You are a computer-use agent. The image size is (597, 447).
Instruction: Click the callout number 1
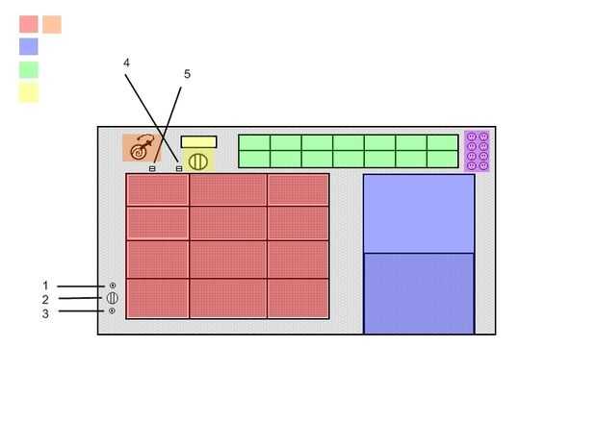pos(45,286)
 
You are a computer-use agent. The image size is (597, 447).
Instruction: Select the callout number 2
pos(45,299)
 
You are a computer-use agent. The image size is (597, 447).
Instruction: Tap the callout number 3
pos(45,312)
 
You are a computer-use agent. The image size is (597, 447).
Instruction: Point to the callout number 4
pos(126,62)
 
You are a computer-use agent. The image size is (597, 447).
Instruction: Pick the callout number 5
pos(187,74)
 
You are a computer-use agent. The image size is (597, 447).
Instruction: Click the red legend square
pos(29,24)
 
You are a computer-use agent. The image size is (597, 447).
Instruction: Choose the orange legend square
pos(52,24)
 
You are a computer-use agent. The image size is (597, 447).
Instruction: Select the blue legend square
pos(29,46)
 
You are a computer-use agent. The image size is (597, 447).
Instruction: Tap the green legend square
pos(29,69)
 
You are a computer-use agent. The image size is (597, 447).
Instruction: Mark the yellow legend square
pos(29,92)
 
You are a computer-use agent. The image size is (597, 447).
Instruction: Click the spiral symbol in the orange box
pos(142,148)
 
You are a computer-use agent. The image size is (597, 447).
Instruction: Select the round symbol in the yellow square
pos(197,161)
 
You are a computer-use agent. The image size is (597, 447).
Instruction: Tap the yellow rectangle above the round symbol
pos(198,142)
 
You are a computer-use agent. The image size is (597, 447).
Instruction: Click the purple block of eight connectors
pos(477,151)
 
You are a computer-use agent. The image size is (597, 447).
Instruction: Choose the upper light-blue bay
pos(419,213)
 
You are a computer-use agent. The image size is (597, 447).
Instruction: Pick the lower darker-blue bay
pos(419,293)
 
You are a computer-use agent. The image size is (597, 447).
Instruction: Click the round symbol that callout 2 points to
pos(113,298)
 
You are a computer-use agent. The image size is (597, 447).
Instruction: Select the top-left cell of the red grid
pos(157,190)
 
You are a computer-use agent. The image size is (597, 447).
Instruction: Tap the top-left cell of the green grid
pos(254,143)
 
